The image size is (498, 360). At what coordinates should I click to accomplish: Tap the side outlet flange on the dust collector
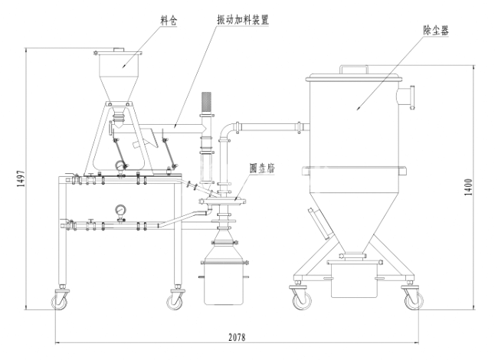tap(410, 98)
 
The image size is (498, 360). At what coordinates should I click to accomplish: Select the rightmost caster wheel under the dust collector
tap(411, 300)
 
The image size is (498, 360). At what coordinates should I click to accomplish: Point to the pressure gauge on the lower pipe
tap(120, 210)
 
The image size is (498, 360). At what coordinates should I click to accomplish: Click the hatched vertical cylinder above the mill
tap(205, 104)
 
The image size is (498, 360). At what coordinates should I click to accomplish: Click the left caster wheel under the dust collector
tap(299, 299)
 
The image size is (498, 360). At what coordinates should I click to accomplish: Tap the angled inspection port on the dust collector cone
tap(319, 223)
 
